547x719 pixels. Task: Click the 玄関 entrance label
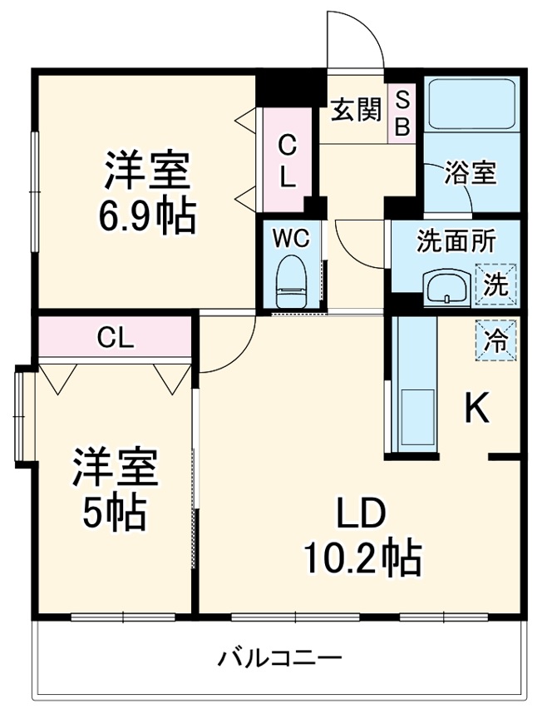357,111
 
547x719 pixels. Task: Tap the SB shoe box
402,113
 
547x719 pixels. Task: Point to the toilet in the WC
291,281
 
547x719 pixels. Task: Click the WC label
291,239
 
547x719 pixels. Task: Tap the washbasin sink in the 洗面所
447,288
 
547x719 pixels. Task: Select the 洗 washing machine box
495,285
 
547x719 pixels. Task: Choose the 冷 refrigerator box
495,340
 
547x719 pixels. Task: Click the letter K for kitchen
476,409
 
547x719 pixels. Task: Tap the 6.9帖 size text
147,218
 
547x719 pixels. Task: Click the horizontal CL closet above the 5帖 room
115,337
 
